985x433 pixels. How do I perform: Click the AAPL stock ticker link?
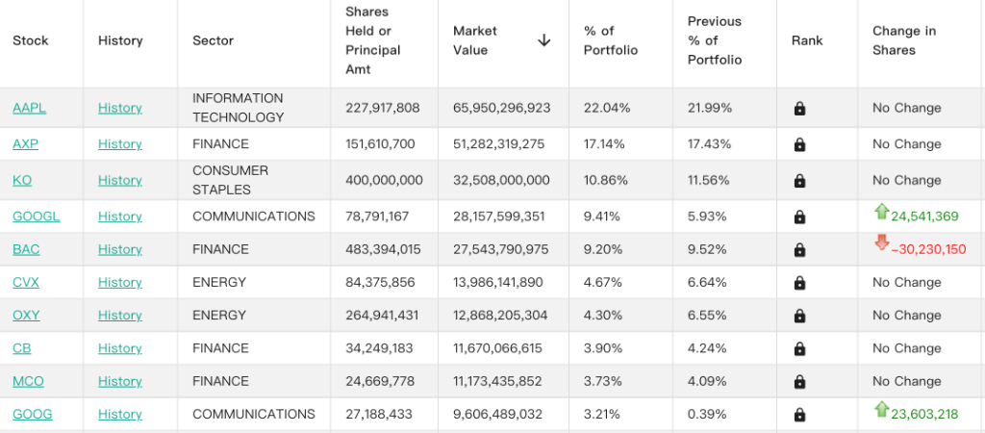(30, 108)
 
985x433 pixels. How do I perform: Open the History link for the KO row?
(120, 180)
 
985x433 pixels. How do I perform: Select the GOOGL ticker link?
(37, 216)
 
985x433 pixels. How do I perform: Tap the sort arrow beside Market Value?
(544, 40)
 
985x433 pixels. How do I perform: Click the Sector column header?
(213, 40)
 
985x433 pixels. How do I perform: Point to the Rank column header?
(807, 40)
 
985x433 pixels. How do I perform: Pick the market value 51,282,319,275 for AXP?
(499, 144)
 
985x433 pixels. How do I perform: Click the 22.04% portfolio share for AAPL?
(607, 108)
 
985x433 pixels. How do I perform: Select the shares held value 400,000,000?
(384, 180)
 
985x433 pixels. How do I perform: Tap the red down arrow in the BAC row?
(881, 242)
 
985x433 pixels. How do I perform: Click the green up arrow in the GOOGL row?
(881, 212)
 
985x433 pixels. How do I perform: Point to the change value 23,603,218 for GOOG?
(924, 414)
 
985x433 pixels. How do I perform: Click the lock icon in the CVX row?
(799, 283)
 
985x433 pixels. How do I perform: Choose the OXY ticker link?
(26, 315)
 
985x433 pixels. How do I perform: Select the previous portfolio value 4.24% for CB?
(709, 348)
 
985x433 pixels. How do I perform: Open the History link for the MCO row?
(120, 381)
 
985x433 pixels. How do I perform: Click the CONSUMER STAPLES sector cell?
(231, 180)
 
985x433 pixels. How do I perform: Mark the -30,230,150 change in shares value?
(928, 249)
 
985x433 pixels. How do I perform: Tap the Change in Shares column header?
(904, 40)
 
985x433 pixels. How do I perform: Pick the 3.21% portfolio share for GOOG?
(602, 414)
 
